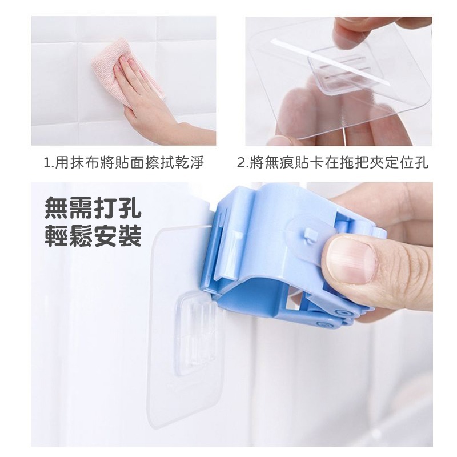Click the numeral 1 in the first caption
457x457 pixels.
[47, 163]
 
